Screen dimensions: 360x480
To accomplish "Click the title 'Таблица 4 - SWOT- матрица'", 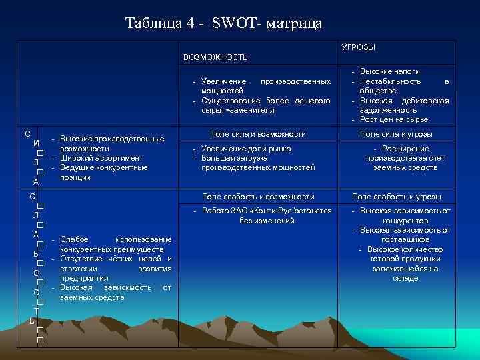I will click(223, 23).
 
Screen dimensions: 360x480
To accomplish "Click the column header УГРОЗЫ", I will click(358, 47).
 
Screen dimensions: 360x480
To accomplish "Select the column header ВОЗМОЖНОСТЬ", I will click(215, 57).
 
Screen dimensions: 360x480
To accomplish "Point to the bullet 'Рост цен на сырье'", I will click(393, 119).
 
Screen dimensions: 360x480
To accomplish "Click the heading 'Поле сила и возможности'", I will click(257, 134).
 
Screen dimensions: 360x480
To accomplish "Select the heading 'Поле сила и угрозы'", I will click(396, 134).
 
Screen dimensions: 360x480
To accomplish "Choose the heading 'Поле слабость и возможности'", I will click(257, 197).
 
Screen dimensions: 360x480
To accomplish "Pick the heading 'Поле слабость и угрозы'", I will click(396, 197).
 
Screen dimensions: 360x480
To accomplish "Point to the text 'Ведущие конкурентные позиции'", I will click(103, 173).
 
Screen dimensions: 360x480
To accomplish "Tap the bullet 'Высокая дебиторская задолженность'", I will click(404, 105).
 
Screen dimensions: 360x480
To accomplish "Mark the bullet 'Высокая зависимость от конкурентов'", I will click(405, 215).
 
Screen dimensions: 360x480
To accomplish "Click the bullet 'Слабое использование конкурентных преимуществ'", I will click(115, 244).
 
